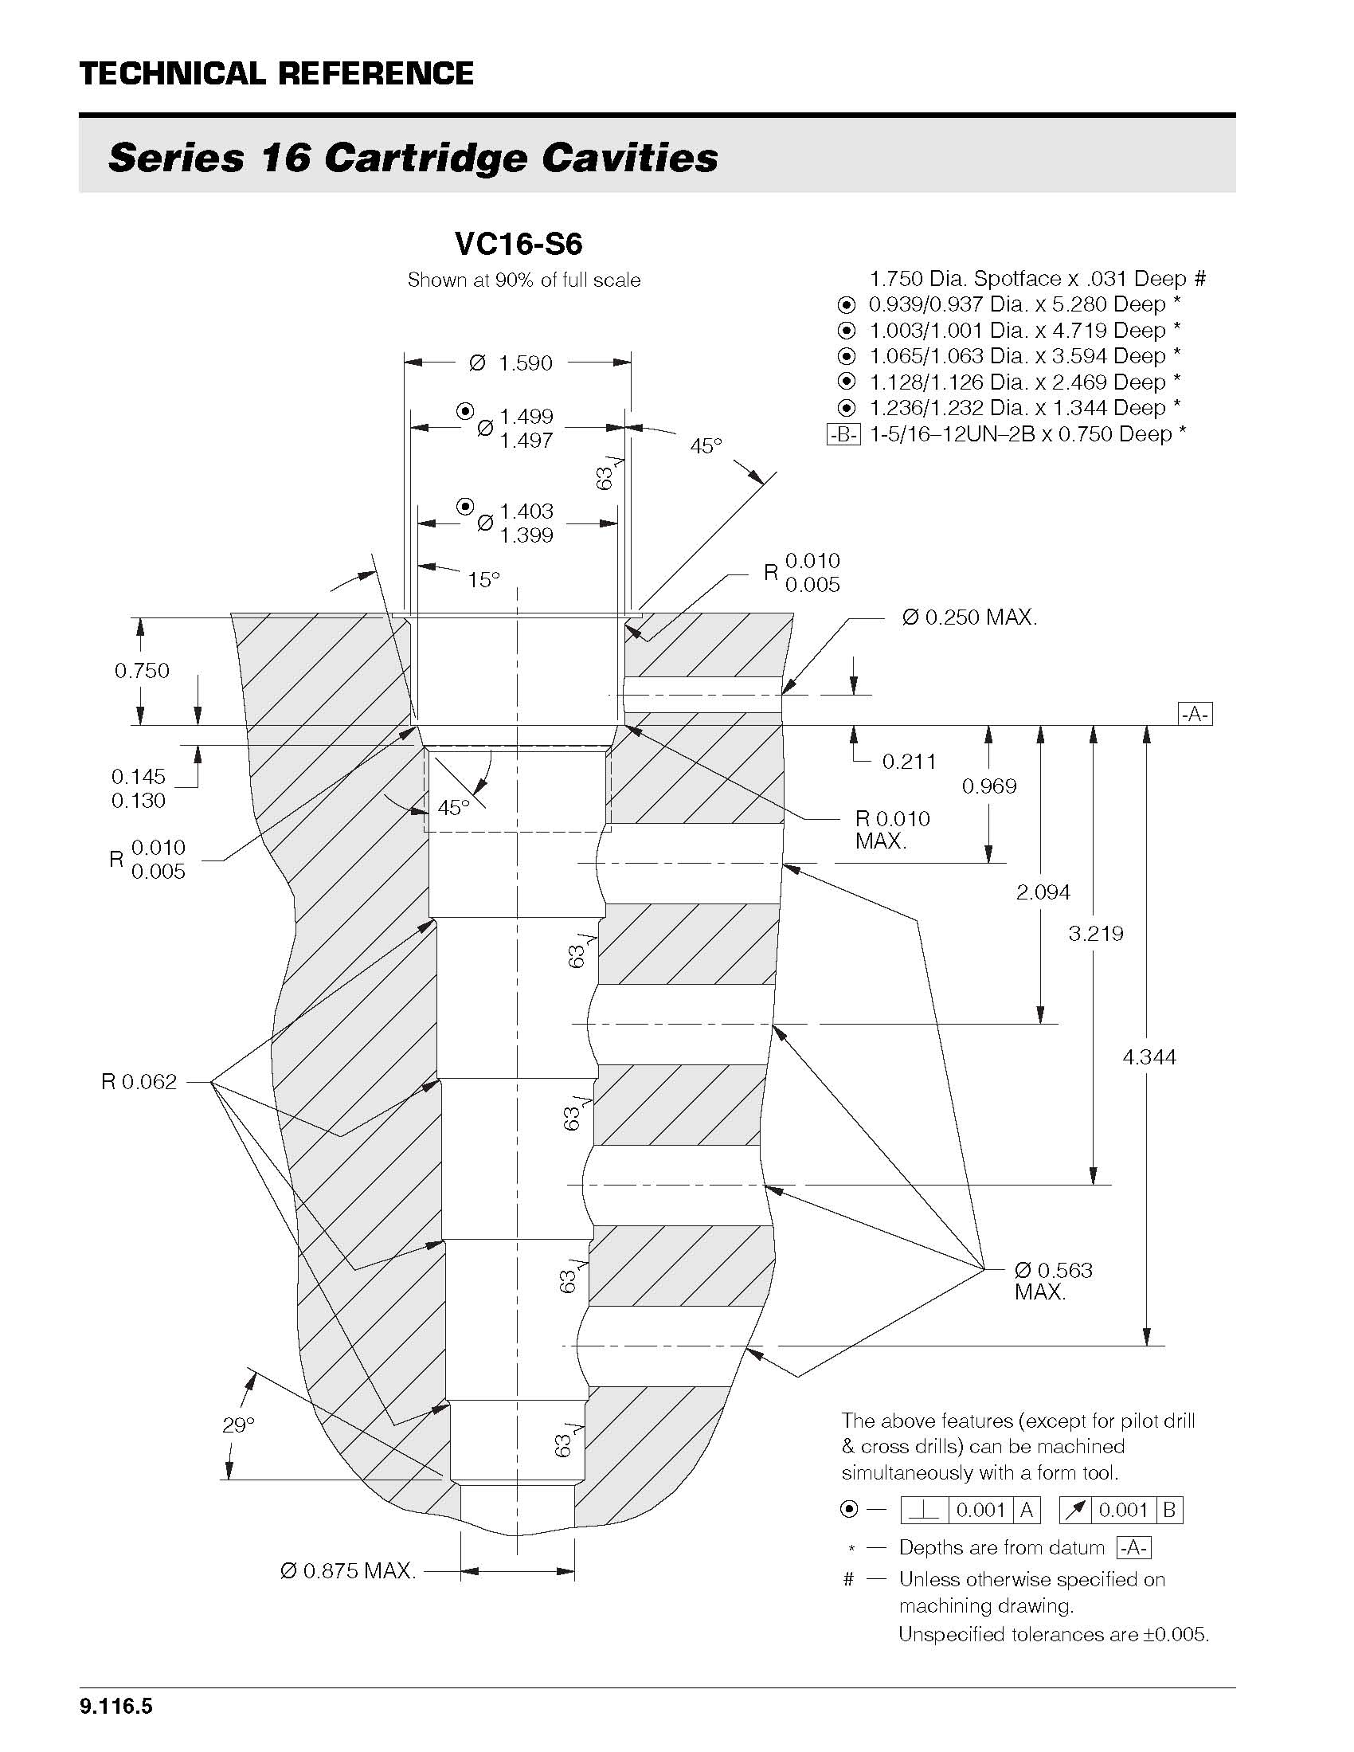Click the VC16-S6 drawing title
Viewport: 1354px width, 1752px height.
(518, 243)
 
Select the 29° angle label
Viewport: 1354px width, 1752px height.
(238, 1425)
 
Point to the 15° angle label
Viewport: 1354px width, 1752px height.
(483, 579)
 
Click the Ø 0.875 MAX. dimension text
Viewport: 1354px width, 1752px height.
(348, 1570)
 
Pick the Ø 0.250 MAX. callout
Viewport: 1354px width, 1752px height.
(969, 617)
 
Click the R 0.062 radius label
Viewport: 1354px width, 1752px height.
(139, 1082)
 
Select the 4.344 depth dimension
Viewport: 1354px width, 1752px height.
(1149, 1057)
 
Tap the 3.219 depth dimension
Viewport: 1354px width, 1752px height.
(1096, 933)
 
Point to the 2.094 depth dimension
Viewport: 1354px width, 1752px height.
(1043, 892)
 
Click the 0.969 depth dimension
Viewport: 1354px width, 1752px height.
(989, 786)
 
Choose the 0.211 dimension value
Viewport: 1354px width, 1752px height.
(909, 762)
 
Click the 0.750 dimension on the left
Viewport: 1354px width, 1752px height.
(142, 671)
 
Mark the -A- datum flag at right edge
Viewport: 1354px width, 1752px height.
(1195, 714)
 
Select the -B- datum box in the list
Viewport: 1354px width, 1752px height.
(843, 435)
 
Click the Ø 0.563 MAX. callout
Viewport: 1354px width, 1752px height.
(1052, 1280)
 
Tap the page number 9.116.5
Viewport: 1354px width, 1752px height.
(116, 1707)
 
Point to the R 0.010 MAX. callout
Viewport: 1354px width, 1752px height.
(892, 829)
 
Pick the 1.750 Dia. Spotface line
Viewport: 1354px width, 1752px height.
(1037, 279)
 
